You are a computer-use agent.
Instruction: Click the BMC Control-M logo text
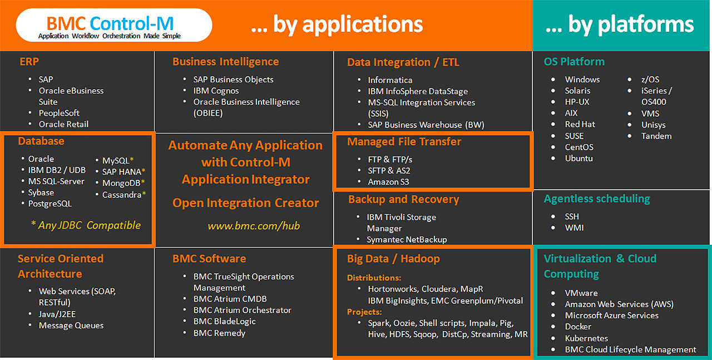pos(110,23)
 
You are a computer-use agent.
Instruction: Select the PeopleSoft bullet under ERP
pos(59,113)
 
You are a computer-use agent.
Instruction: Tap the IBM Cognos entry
pos(216,91)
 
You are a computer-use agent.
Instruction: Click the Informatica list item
pos(390,80)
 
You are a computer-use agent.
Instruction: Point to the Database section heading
pos(41,141)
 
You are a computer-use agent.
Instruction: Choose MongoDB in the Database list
pos(121,183)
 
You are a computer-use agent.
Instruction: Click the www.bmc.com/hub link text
pos(254,225)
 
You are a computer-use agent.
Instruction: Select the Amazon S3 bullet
pos(388,181)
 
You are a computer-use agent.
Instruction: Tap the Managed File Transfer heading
pos(404,141)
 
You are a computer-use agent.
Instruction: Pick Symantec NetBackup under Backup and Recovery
pos(407,239)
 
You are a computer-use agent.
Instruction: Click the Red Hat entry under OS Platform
pos(580,124)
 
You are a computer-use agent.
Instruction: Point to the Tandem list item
pos(656,136)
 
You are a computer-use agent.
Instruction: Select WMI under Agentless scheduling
pos(574,228)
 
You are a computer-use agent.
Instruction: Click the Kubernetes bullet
pos(586,338)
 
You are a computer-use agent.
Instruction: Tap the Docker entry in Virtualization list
pos(578,327)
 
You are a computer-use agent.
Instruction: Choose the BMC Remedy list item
pos(219,333)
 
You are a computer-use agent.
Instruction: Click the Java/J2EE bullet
pos(57,314)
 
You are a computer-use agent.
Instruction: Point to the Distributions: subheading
pos(374,278)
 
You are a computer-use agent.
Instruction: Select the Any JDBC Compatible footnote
pos(86,225)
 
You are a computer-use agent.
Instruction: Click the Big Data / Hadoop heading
pos(393,259)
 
